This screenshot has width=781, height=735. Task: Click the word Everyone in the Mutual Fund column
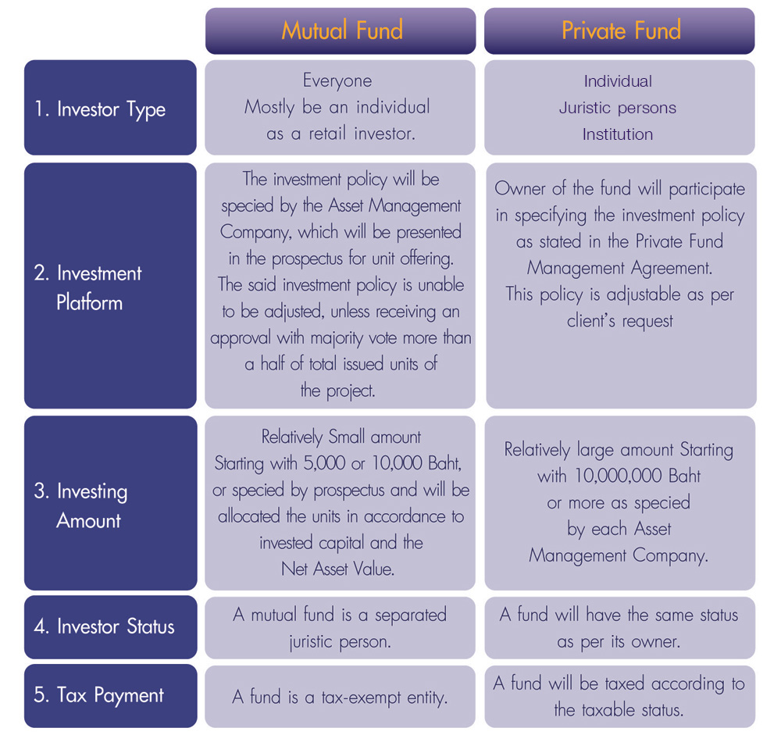pos(337,81)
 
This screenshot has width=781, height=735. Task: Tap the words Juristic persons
pos(618,108)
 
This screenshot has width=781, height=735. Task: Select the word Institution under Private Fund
pos(618,134)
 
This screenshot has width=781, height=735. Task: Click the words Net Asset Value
pos(337,569)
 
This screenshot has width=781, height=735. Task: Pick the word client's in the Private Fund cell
pos(590,321)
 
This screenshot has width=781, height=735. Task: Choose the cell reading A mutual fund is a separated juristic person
pos(341,628)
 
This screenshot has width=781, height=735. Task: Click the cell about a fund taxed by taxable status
pos(619,696)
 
